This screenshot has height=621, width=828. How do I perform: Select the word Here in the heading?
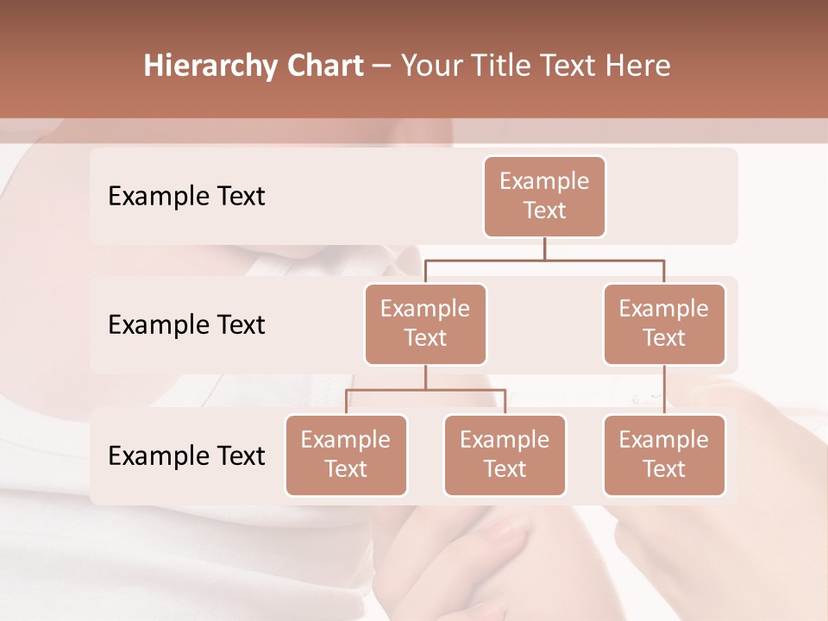tap(637, 66)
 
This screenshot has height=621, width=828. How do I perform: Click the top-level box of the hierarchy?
tap(544, 196)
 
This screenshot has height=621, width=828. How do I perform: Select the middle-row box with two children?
tap(425, 323)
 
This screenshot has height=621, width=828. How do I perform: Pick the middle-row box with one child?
tap(664, 323)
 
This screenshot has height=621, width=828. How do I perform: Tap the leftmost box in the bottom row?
tap(346, 455)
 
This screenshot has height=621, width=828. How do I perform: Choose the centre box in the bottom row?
tap(505, 455)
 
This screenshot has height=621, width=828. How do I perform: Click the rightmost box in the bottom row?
tap(664, 455)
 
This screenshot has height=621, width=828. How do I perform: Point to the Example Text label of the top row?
tap(186, 196)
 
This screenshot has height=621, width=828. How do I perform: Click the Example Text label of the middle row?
tap(186, 324)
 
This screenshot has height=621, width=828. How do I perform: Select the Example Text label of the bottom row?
tap(186, 455)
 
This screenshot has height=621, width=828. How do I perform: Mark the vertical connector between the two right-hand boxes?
tap(664, 389)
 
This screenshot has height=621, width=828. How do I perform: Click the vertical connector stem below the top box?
tap(544, 248)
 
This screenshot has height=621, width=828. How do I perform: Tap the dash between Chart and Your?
tap(382, 66)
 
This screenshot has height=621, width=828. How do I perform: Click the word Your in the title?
tap(430, 66)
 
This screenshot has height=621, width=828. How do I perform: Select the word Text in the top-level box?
tap(544, 210)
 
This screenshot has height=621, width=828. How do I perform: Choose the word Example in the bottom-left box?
tap(346, 440)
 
